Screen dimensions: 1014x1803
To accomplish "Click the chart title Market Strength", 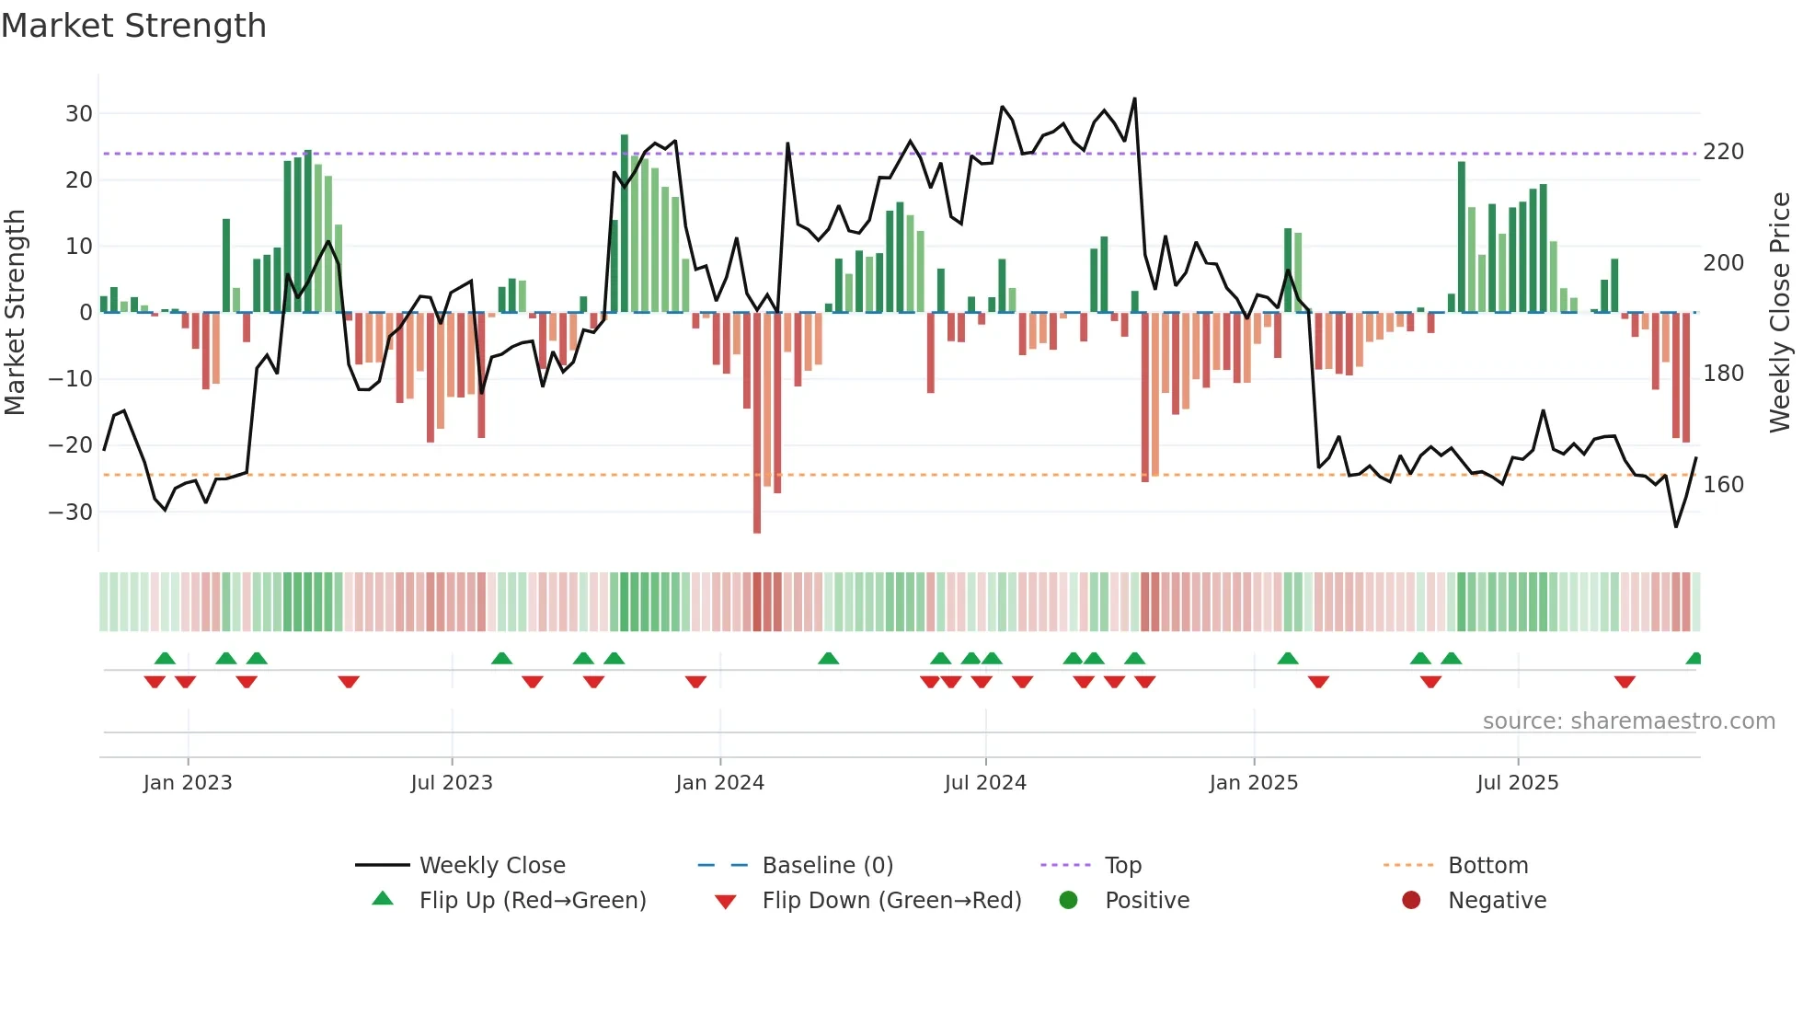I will click(x=133, y=26).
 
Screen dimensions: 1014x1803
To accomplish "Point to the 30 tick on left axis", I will click(x=79, y=114).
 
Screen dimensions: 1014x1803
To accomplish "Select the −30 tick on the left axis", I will click(x=72, y=513).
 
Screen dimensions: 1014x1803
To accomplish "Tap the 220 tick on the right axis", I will click(x=1723, y=152).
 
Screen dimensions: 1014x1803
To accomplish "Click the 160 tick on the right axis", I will click(x=1723, y=485).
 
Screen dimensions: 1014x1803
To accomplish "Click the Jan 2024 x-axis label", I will click(x=719, y=783).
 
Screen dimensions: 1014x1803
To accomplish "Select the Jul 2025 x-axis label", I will click(x=1517, y=783).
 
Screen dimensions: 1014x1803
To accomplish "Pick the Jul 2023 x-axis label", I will click(x=452, y=783).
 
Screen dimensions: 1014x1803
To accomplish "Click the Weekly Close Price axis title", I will click(x=1779, y=313).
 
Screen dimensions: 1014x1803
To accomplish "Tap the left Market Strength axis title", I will click(x=15, y=313).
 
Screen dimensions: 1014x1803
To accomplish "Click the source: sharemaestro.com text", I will click(x=1628, y=721).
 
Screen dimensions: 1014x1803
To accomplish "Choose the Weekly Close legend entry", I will click(x=492, y=866).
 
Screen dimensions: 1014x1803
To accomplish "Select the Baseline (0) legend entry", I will click(x=827, y=866).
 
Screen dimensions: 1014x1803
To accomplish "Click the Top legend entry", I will click(x=1122, y=866).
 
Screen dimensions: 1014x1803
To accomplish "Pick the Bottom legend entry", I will click(x=1487, y=866).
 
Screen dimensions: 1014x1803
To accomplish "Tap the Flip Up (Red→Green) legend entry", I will click(x=532, y=901).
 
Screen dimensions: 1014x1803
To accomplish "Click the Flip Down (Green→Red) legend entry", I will click(x=891, y=901).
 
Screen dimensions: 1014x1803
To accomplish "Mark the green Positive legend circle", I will click(x=1068, y=901).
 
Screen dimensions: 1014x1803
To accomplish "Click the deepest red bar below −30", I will click(x=757, y=423).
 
